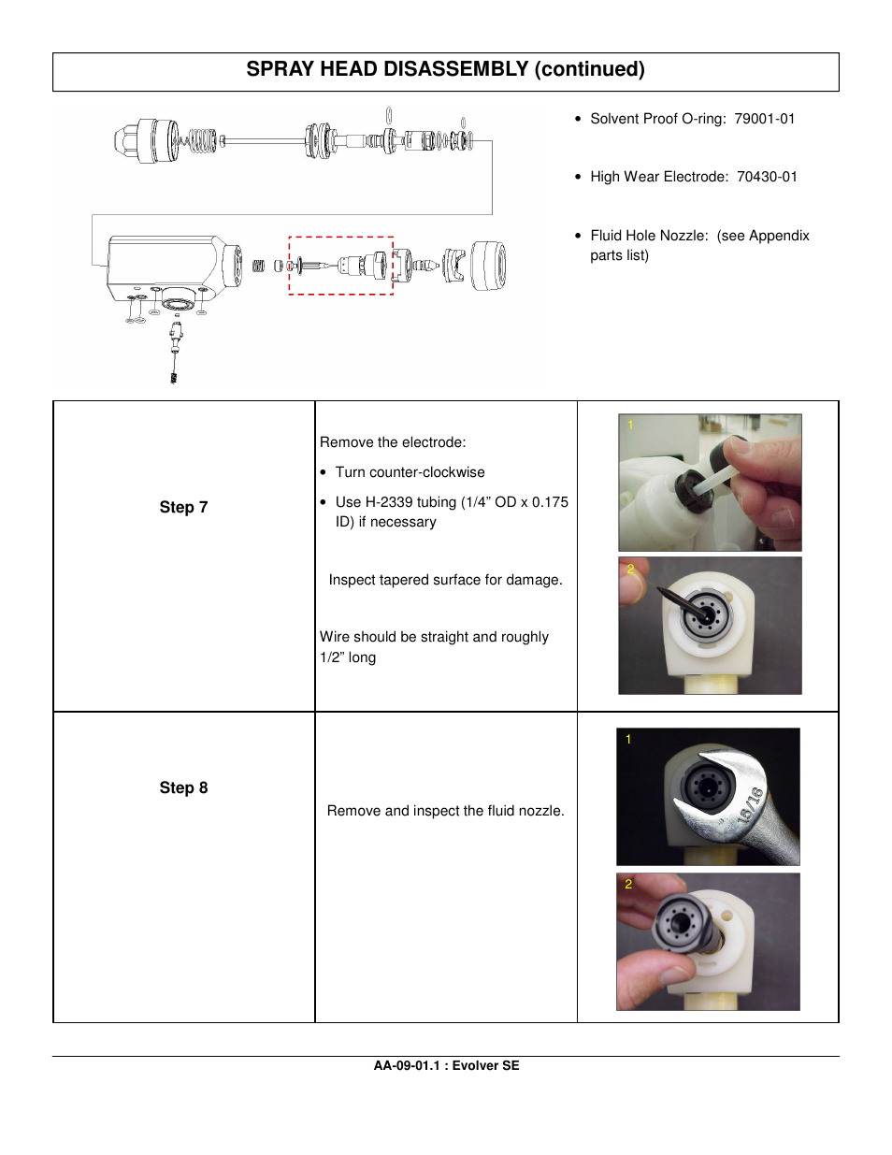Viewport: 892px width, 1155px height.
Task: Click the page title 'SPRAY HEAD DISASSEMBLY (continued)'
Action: coord(445,70)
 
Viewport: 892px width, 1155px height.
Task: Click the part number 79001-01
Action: coord(764,119)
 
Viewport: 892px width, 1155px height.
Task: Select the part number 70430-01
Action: coord(767,177)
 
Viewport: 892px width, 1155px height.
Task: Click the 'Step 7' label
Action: coord(183,508)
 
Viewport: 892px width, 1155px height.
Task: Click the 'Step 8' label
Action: coord(183,788)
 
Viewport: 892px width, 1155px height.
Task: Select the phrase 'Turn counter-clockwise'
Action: coord(410,472)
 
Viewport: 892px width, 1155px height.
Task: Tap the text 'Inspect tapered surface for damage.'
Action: coord(445,580)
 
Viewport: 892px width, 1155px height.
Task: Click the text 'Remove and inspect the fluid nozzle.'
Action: coord(445,811)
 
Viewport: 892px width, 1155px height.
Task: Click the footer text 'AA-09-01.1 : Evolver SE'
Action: coord(446,1065)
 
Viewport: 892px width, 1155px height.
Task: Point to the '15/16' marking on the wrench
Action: coord(751,805)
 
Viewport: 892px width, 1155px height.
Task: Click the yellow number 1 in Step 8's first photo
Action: coord(628,740)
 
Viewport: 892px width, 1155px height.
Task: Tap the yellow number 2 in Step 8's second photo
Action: coord(628,884)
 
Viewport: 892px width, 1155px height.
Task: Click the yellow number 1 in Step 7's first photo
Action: coord(630,426)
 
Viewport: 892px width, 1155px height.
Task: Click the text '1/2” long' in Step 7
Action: coord(348,657)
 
